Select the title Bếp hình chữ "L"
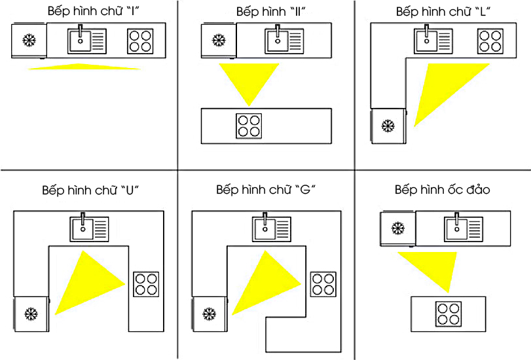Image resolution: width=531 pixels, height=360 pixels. (x=444, y=12)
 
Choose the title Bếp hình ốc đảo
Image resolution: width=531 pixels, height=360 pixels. (x=442, y=190)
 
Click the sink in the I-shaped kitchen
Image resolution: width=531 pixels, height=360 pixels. (x=86, y=41)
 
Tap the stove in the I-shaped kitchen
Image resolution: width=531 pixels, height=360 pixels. (x=140, y=41)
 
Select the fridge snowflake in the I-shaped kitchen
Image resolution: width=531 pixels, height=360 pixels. (x=29, y=41)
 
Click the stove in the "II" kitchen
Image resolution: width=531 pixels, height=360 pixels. (x=249, y=126)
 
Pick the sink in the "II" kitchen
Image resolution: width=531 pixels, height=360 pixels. (x=284, y=41)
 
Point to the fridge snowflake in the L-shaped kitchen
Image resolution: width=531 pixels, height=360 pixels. (x=388, y=125)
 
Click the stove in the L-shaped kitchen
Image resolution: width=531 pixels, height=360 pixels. (x=490, y=41)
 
